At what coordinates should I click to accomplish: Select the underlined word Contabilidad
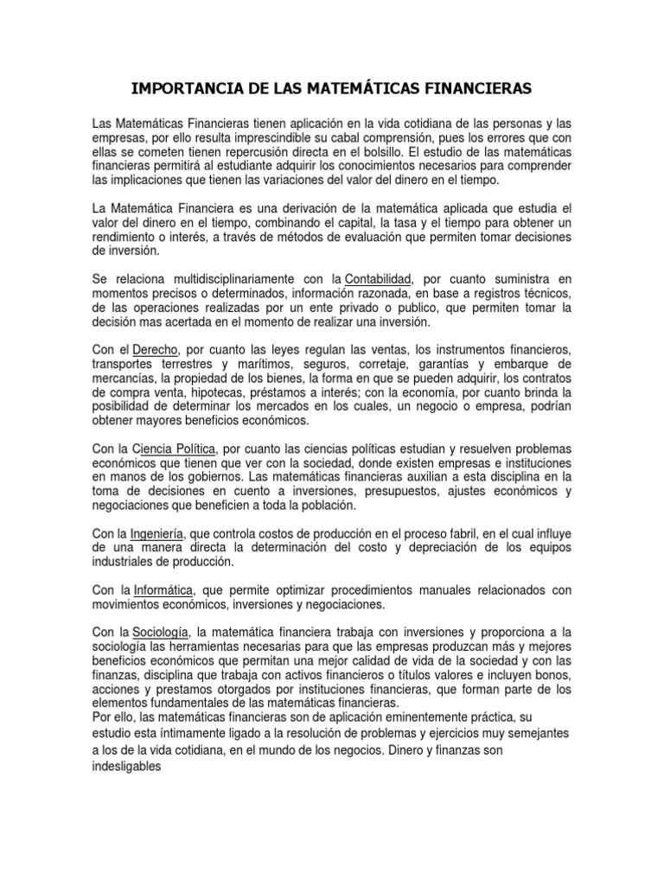coord(378,278)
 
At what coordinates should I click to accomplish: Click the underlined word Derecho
coord(155,348)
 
